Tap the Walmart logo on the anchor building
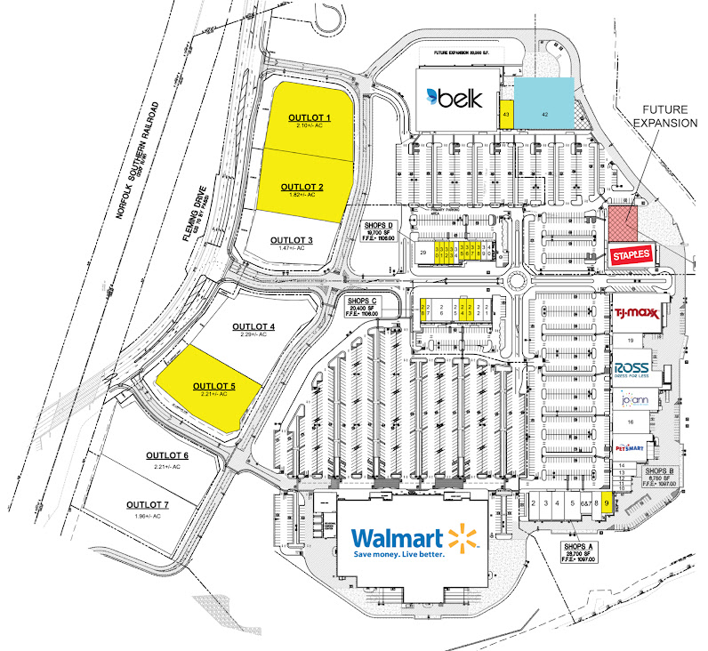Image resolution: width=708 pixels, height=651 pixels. point(409,542)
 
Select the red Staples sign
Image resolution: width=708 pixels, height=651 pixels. point(632,255)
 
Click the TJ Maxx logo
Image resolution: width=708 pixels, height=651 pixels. point(637,312)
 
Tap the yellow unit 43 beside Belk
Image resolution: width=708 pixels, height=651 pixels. point(505,116)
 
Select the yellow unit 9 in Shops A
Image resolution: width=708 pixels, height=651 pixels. point(607,503)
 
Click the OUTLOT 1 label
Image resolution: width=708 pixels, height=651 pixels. point(310,118)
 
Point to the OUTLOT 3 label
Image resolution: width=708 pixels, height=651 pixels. point(292,240)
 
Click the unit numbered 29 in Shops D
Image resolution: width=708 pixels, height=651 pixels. point(423,253)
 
